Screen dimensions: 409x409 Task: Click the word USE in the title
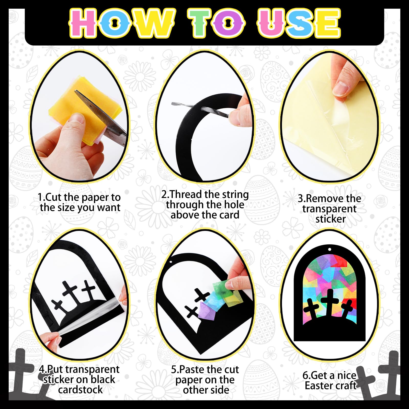[x=299, y=23]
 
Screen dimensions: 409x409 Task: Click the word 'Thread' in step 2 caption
[x=185, y=195]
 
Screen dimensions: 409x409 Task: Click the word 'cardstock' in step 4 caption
[x=80, y=390]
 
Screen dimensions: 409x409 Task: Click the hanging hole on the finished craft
[x=330, y=249]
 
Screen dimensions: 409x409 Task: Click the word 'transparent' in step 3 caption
[x=330, y=209]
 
